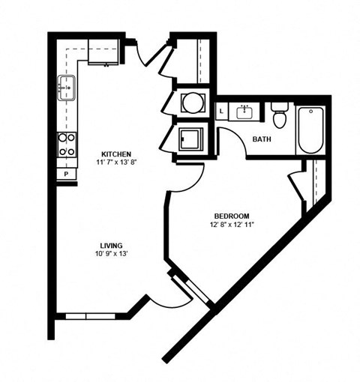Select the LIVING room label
click(x=111, y=246)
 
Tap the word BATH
click(x=262, y=139)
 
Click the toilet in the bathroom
click(x=280, y=116)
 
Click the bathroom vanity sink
click(x=245, y=112)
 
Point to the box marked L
click(x=222, y=113)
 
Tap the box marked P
click(x=67, y=174)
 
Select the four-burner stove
click(x=67, y=144)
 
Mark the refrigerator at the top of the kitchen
click(x=104, y=53)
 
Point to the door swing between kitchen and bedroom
click(x=191, y=177)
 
